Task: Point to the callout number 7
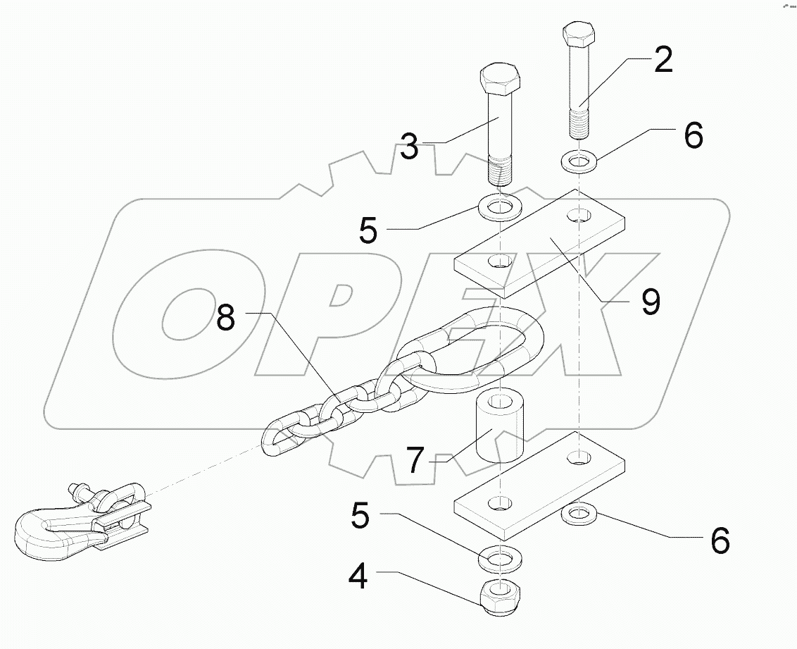415,462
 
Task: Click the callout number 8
225,318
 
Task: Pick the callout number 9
650,302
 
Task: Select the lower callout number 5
360,517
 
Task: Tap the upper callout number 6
693,135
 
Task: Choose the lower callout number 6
719,540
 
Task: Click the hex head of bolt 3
500,80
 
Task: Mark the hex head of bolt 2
579,35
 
